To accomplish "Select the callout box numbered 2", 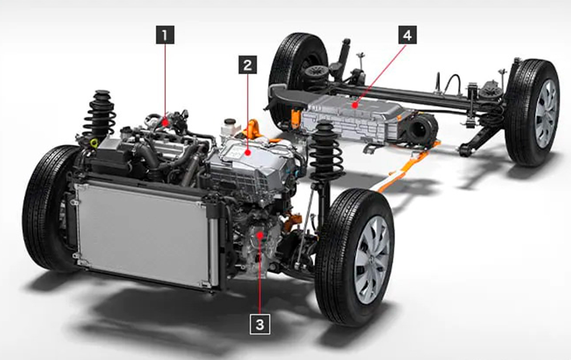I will [x=247, y=65].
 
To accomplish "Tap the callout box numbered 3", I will [x=260, y=325].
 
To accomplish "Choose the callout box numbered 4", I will [x=407, y=35].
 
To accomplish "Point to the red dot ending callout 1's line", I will [x=166, y=121].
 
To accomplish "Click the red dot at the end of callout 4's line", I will [x=355, y=105].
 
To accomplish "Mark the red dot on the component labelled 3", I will [x=260, y=235].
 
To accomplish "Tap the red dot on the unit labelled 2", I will [x=247, y=152].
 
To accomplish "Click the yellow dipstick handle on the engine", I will [x=93, y=141].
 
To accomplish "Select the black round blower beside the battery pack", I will [x=423, y=128].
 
